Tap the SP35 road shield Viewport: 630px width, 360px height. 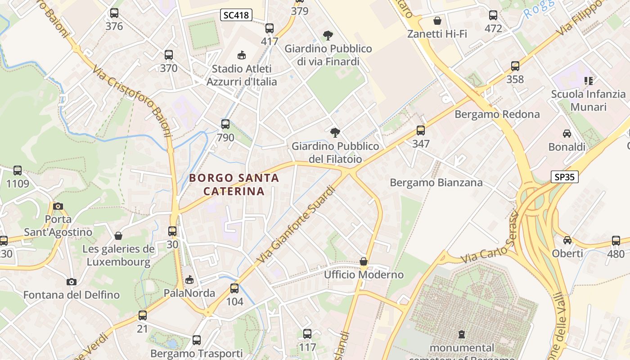[x=565, y=177]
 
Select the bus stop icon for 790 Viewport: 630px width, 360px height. [x=225, y=124]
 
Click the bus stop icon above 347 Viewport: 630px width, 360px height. [x=421, y=130]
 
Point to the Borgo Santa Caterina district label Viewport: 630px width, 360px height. [x=234, y=184]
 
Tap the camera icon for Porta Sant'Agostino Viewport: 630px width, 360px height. [x=58, y=206]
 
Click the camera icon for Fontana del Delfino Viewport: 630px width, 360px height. [x=71, y=282]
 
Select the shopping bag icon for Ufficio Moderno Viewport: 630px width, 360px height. [x=364, y=261]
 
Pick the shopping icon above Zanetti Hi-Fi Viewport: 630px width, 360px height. [x=437, y=21]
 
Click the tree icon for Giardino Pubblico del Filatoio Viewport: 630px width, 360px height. [x=335, y=132]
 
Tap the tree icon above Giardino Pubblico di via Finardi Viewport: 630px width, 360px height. [x=328, y=35]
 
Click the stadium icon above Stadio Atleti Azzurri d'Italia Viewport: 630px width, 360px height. [x=242, y=55]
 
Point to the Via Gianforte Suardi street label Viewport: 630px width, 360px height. [x=297, y=225]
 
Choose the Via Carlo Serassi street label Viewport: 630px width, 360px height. [x=490, y=238]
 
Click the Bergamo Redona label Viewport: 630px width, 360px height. [x=497, y=114]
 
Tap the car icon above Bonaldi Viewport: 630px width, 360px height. [x=567, y=134]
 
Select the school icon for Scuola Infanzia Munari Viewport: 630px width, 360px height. [x=588, y=81]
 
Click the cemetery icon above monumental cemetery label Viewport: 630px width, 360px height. [x=461, y=334]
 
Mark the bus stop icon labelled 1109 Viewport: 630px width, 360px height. [x=18, y=171]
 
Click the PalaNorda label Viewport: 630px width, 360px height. [x=189, y=293]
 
